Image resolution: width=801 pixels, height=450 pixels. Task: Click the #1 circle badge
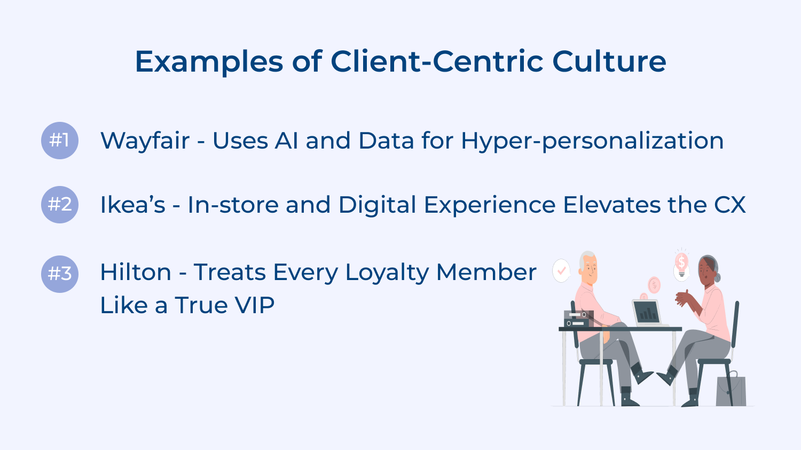(60, 141)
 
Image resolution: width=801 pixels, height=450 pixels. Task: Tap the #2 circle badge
(60, 205)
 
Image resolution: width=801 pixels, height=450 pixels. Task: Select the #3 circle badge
(60, 274)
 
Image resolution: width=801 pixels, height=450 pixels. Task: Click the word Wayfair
(145, 141)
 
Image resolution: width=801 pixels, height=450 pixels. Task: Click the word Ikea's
(133, 205)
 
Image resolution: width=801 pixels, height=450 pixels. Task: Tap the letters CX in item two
(729, 205)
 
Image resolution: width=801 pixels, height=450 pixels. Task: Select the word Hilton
(136, 273)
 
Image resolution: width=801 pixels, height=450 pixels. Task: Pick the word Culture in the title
(609, 61)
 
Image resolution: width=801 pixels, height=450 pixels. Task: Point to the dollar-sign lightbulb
(681, 264)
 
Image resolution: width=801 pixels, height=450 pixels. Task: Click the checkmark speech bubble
(561, 270)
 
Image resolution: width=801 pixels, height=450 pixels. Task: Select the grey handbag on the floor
(731, 390)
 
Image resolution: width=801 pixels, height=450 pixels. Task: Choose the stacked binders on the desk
(578, 319)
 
